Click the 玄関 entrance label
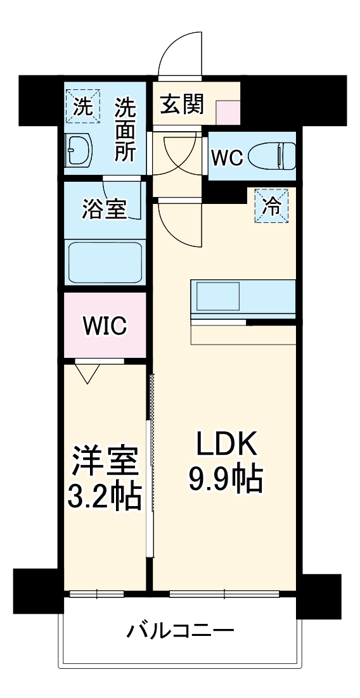tap(182, 105)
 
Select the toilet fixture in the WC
tap(271, 155)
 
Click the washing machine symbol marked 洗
tap(83, 106)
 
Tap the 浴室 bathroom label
tap(105, 209)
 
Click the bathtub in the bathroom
tap(105, 263)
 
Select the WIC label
tap(105, 326)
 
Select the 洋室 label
tap(105, 462)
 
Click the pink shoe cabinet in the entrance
tap(228, 113)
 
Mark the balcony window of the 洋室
tap(97, 593)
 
